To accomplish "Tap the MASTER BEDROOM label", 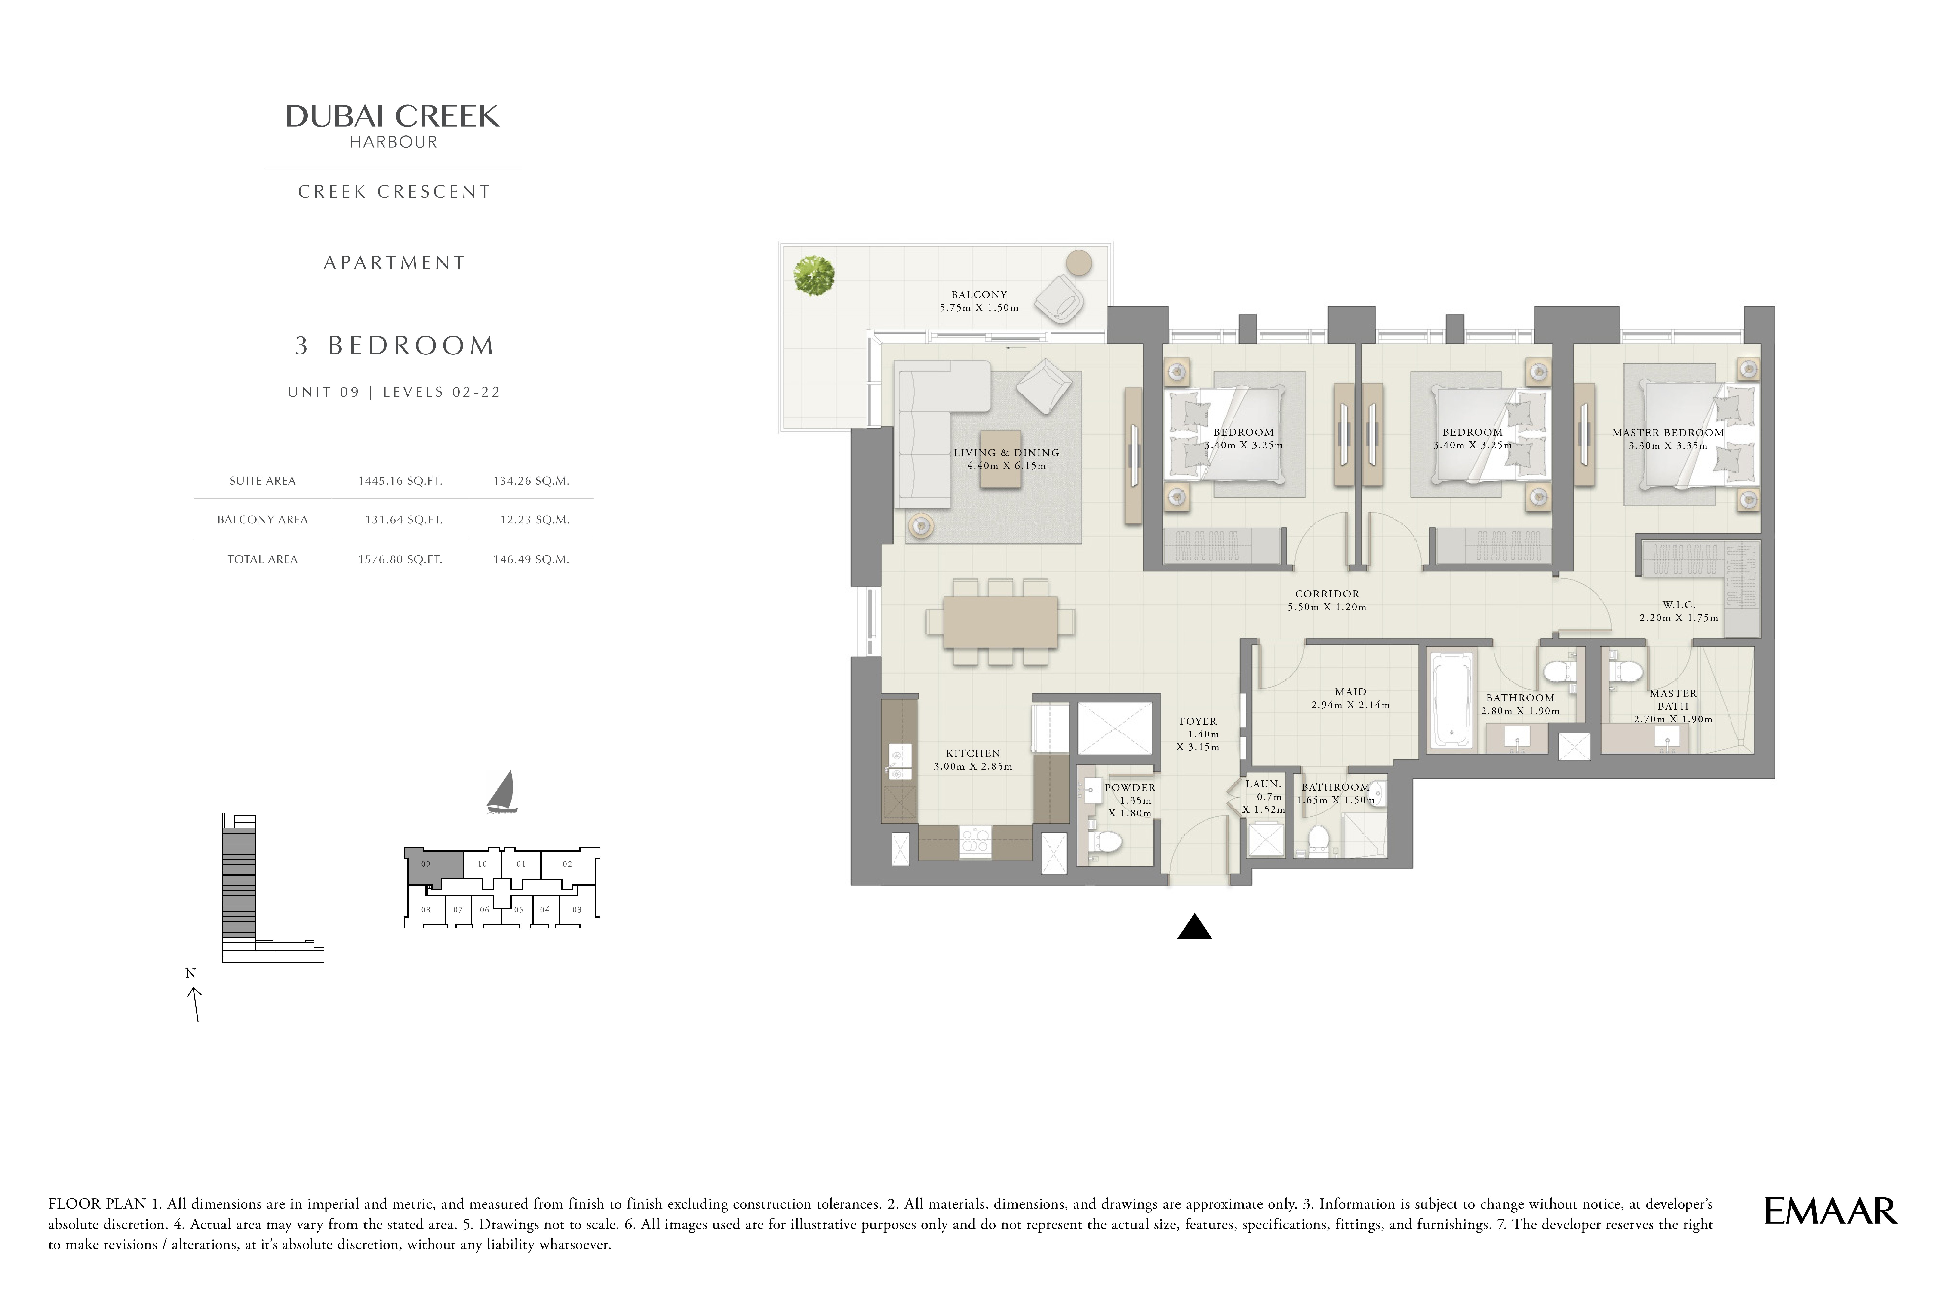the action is pyautogui.click(x=1668, y=432).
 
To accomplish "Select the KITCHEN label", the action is pyautogui.click(x=973, y=753).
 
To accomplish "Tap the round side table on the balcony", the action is pyautogui.click(x=1078, y=263).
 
